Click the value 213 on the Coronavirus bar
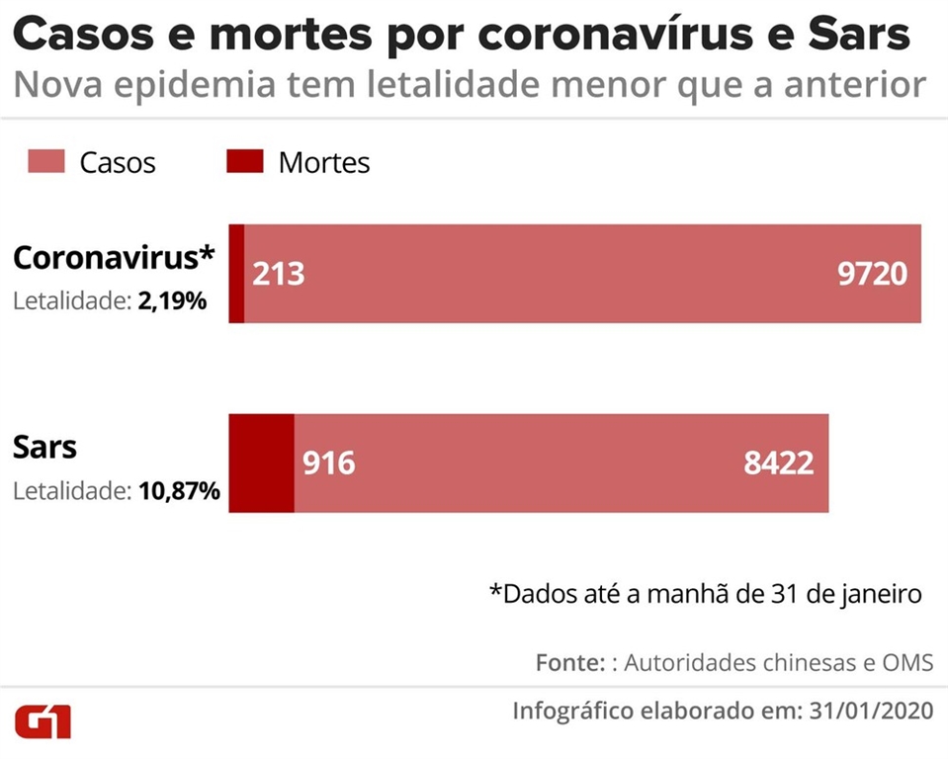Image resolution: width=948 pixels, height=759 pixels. pyautogui.click(x=279, y=273)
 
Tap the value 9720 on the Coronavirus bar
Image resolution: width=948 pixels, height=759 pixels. pyautogui.click(x=871, y=273)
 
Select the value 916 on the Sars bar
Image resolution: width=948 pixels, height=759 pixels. pyautogui.click(x=328, y=463)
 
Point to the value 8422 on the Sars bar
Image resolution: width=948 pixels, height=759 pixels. pyautogui.click(x=779, y=463)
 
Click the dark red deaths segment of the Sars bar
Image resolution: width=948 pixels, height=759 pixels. pyautogui.click(x=261, y=463)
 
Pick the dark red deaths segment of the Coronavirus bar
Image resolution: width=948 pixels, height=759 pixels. pyautogui.click(x=236, y=273)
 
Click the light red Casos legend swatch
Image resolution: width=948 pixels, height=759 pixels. pyautogui.click(x=45, y=161)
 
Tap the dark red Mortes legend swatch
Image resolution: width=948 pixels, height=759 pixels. pyautogui.click(x=245, y=161)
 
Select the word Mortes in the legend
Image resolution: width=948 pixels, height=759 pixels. pyautogui.click(x=324, y=162)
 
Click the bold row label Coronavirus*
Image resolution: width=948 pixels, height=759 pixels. pyautogui.click(x=114, y=258)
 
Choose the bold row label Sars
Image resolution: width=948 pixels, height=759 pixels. pyautogui.click(x=44, y=448)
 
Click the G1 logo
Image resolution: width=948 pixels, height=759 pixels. pyautogui.click(x=43, y=721)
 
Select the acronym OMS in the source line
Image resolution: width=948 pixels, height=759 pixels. pyautogui.click(x=909, y=662)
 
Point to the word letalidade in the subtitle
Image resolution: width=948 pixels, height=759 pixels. pyautogui.click(x=451, y=86)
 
